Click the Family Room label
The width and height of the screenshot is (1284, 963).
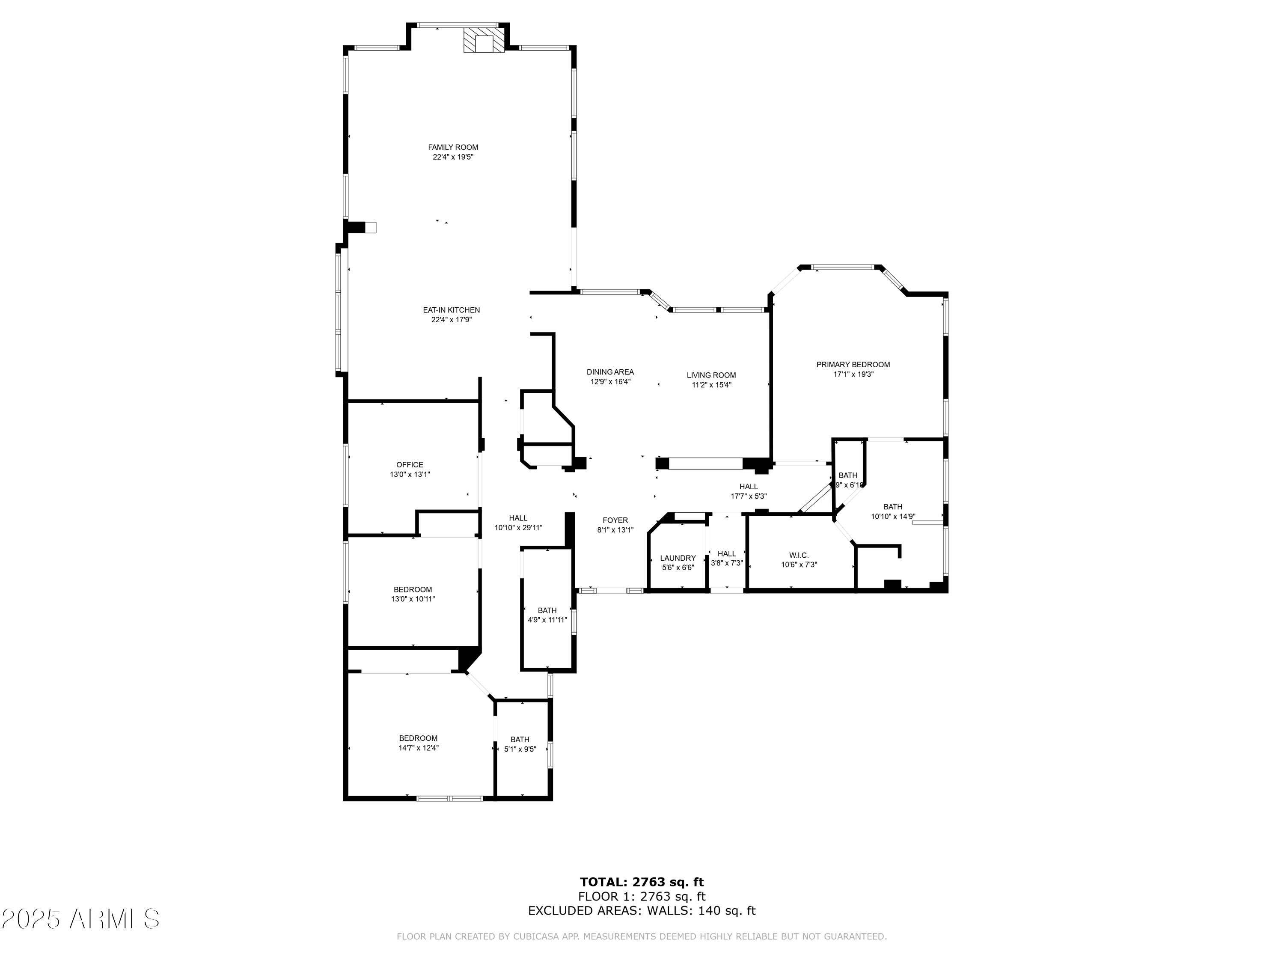click(453, 147)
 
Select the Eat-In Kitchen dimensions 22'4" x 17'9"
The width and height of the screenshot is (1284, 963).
click(451, 320)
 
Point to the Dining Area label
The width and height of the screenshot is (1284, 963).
click(610, 372)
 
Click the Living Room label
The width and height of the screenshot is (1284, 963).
click(711, 375)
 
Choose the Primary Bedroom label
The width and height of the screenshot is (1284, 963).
click(853, 365)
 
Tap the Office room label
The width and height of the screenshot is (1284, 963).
click(410, 464)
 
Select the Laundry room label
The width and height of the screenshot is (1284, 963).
click(678, 558)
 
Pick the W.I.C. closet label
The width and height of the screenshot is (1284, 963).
click(799, 555)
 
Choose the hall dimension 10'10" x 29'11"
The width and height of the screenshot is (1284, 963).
click(518, 528)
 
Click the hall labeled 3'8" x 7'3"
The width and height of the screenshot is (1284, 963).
click(726, 558)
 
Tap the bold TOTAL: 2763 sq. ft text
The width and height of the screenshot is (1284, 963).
click(642, 882)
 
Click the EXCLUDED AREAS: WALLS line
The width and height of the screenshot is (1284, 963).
click(642, 911)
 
